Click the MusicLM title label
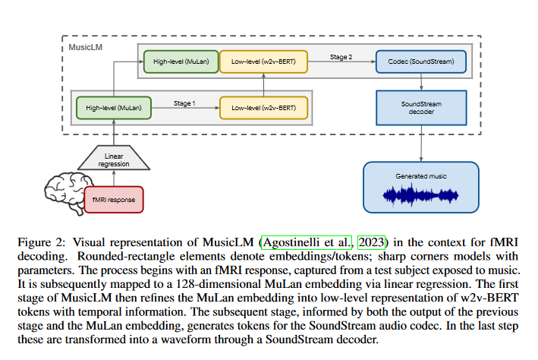click(86, 47)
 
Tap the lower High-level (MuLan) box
click(114, 107)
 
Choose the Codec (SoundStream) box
click(422, 61)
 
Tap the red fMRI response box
click(113, 198)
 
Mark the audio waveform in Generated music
click(421, 195)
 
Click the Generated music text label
click(421, 176)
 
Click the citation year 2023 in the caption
click(373, 242)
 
